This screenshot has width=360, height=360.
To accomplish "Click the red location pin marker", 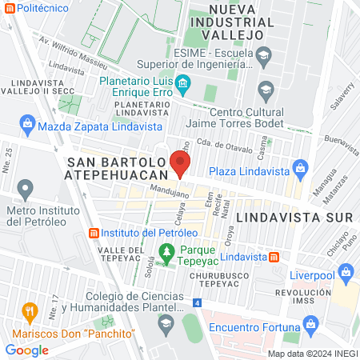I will coord(180,162).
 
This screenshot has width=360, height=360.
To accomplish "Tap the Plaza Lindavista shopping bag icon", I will coord(300,169).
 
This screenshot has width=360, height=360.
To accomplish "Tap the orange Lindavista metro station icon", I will coord(274,257).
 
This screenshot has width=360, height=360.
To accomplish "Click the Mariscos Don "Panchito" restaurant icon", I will coord(30,310).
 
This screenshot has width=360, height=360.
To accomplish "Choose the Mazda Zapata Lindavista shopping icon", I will coord(28,125).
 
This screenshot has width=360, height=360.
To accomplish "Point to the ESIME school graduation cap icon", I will coord(266,54).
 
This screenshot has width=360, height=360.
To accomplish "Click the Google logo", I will coord(26,350).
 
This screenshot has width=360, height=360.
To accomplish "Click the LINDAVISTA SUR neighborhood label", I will coord(284,217).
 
